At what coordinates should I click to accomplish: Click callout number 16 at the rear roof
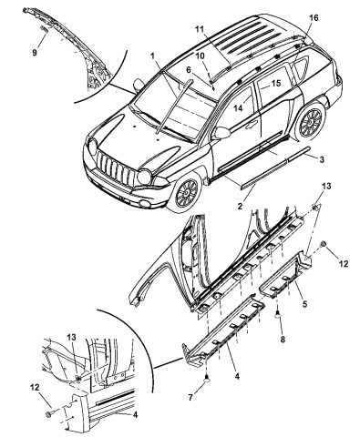pos(314,18)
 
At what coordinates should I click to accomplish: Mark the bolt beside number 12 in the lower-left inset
pos(47,413)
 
